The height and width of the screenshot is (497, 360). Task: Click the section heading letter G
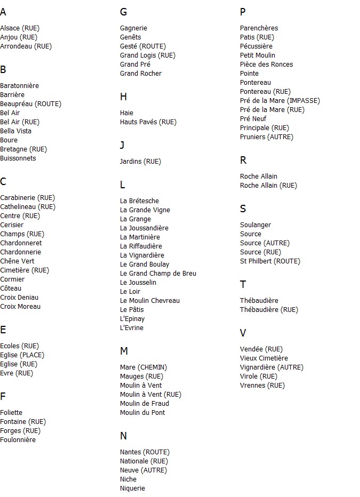(123, 12)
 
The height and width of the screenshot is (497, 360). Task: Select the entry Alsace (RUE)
(20, 28)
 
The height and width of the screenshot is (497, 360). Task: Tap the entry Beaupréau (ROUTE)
(30, 104)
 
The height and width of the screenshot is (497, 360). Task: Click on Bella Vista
(15, 131)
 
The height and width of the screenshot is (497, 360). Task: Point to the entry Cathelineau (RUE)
(28, 207)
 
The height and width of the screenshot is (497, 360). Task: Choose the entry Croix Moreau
(20, 307)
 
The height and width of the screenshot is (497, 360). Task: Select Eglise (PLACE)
(22, 355)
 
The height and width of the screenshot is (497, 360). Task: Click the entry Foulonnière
(18, 440)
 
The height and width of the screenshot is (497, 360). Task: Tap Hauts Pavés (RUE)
(148, 122)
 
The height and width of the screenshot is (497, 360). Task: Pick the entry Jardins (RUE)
(140, 162)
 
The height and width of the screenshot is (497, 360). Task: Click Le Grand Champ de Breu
(158, 274)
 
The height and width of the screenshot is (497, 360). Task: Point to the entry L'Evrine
(132, 328)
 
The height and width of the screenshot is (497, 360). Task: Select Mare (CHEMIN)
(143, 367)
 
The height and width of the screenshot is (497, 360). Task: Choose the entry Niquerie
(132, 488)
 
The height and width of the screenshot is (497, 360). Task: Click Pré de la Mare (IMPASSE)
(280, 101)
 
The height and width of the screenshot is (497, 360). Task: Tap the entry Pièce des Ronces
(266, 65)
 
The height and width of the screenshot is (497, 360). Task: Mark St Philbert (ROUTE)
(270, 261)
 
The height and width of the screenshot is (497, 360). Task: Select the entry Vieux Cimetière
(264, 358)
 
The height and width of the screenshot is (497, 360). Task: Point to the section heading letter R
(243, 161)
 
